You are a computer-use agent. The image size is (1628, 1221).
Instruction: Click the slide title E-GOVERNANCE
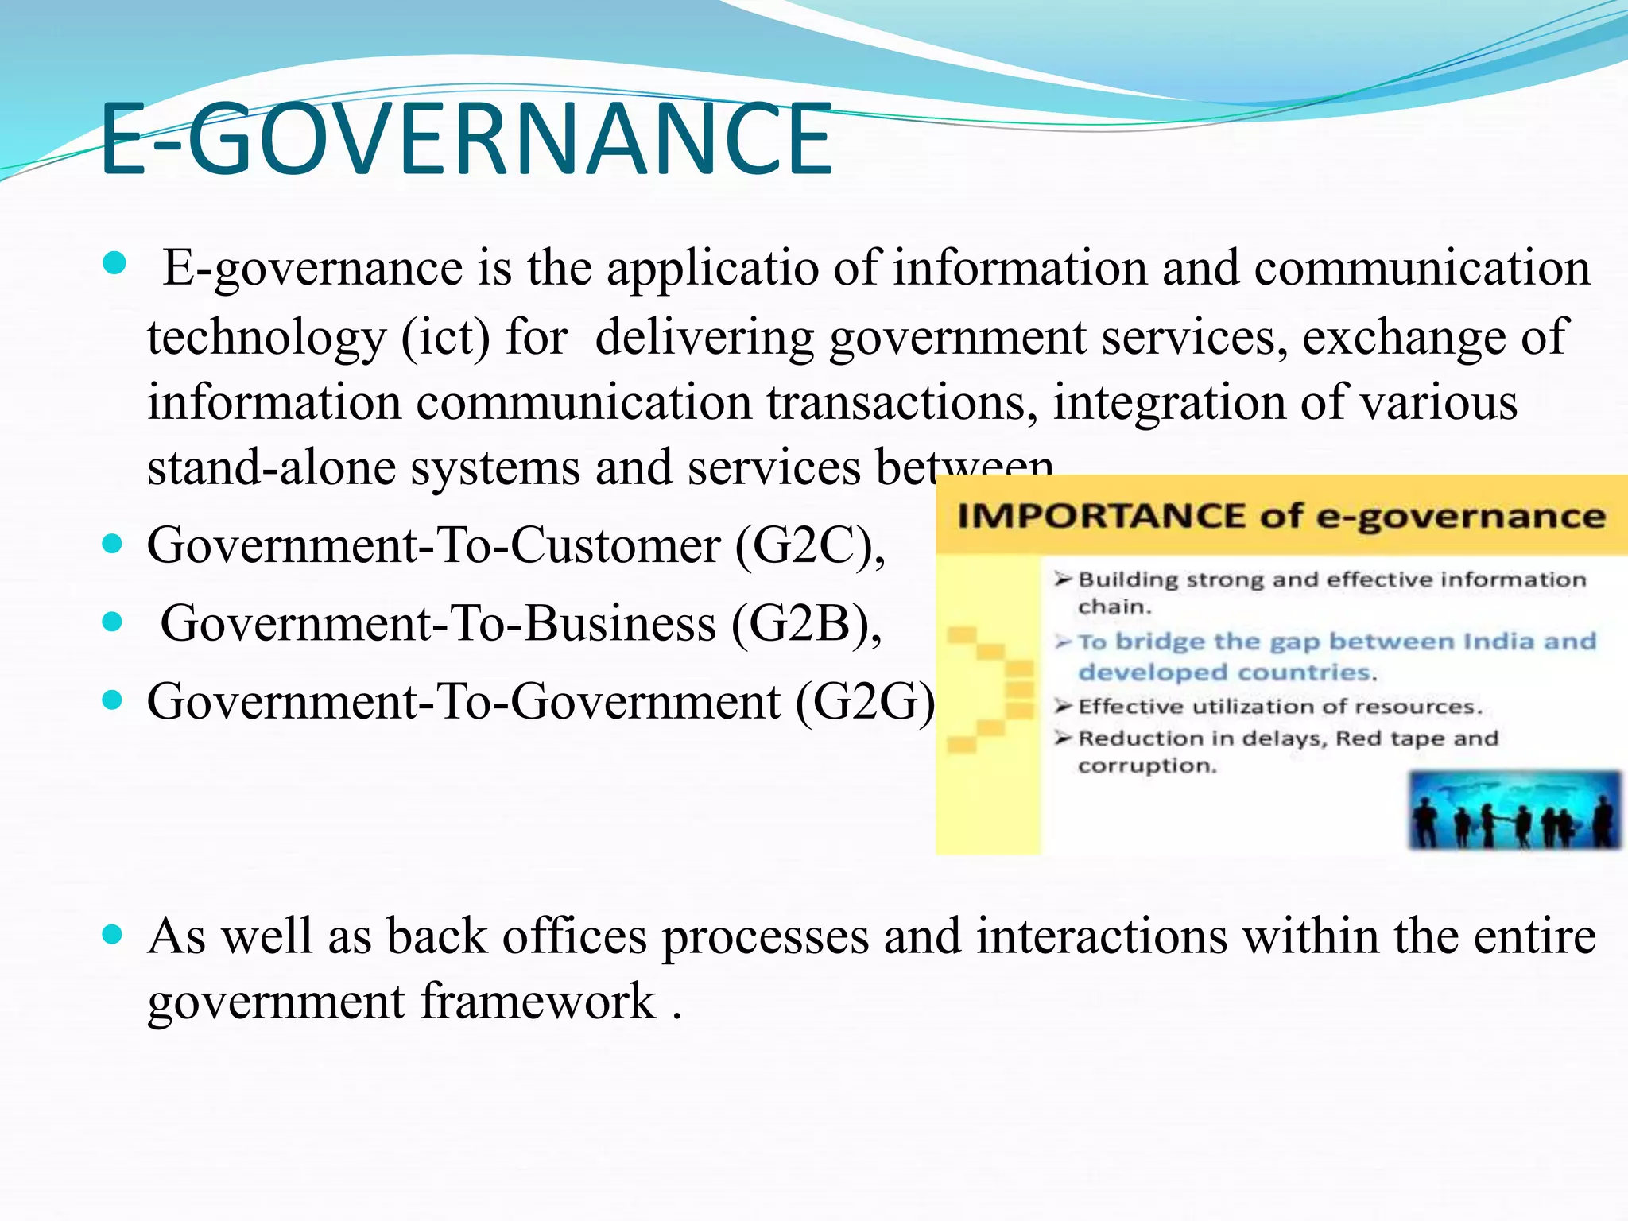[x=466, y=140]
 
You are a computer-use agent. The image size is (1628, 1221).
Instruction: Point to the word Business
[x=619, y=624]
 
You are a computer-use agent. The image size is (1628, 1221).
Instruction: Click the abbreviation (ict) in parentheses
[x=445, y=338]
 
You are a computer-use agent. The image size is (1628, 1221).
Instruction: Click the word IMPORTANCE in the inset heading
[x=1102, y=517]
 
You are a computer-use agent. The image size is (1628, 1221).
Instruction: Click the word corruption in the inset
[x=1147, y=766]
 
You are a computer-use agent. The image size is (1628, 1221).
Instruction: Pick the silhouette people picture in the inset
[x=1514, y=810]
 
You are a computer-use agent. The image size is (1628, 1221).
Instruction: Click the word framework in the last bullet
[x=538, y=1001]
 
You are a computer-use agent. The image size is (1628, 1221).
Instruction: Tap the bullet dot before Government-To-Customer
[x=113, y=545]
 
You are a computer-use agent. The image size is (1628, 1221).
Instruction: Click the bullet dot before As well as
[x=113, y=935]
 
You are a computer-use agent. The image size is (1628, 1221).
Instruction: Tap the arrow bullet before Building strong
[x=1064, y=579]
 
